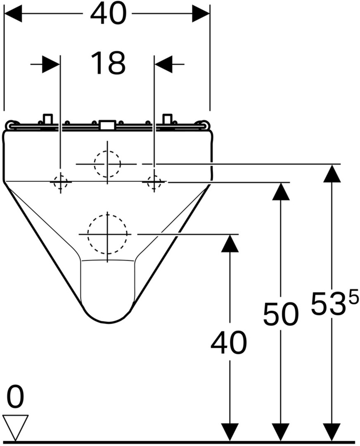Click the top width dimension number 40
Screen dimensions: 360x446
coord(108,14)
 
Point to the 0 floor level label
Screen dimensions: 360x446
coord(15,397)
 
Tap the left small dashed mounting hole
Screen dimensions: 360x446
coord(61,182)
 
